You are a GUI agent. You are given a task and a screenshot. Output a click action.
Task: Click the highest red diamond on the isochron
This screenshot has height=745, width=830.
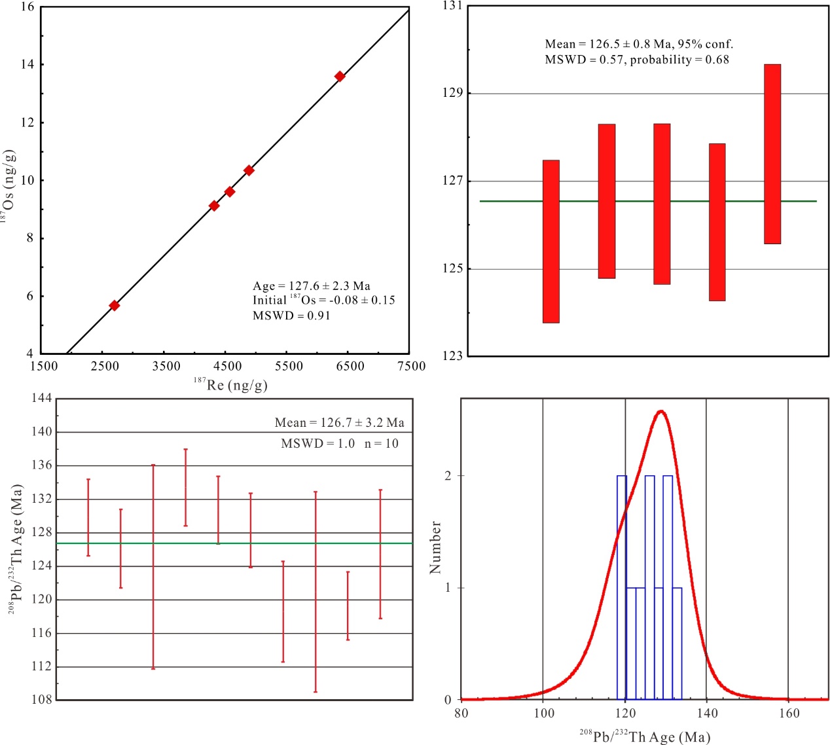(340, 77)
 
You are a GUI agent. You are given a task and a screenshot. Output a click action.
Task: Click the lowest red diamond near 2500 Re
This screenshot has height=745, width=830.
(115, 306)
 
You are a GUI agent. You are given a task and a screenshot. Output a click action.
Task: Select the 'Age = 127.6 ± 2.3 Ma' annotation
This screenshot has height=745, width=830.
(311, 286)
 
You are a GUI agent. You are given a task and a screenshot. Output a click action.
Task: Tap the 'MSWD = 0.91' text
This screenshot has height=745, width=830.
(291, 316)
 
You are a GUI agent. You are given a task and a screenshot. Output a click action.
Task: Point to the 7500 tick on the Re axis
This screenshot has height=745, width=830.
(411, 367)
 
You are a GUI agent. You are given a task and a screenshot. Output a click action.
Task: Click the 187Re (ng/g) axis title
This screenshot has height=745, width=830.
(230, 384)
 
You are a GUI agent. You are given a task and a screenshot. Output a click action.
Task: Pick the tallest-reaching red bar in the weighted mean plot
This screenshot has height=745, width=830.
(772, 154)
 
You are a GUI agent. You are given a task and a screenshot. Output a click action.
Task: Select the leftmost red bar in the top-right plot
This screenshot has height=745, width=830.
(551, 242)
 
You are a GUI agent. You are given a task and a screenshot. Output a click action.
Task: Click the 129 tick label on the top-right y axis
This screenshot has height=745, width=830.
(452, 94)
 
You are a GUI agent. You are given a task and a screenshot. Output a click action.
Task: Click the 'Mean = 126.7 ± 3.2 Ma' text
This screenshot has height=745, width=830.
(339, 423)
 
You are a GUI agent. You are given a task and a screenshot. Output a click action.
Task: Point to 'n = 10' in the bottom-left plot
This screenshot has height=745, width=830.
(382, 444)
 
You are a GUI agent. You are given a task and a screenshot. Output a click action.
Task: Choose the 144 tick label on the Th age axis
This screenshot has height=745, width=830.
(41, 399)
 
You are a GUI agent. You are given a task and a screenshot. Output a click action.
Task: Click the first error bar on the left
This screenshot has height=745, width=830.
(88, 517)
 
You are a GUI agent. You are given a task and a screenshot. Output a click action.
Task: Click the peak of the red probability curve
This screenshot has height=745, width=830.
(661, 411)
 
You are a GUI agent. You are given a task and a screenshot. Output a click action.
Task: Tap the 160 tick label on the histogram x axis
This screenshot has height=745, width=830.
(789, 714)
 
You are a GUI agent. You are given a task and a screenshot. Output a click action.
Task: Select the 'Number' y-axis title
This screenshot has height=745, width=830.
(435, 548)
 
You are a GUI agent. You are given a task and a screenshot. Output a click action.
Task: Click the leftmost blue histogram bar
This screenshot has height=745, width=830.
(622, 587)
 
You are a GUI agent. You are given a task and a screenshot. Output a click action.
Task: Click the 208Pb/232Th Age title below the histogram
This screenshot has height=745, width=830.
(644, 737)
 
